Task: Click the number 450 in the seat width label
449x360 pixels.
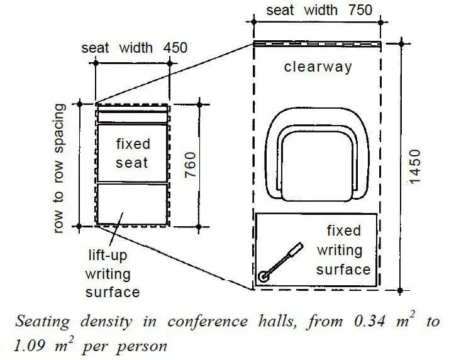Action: click(x=175, y=48)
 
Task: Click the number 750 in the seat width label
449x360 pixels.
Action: click(x=360, y=10)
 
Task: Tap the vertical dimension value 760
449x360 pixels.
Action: click(x=191, y=165)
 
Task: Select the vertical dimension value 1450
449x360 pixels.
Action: click(x=414, y=166)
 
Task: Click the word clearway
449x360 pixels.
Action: click(x=318, y=67)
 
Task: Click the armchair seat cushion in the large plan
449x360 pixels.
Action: click(x=317, y=166)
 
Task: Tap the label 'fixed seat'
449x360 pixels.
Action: click(x=133, y=153)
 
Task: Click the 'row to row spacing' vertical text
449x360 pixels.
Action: click(x=58, y=168)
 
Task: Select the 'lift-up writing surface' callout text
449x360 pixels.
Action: click(x=112, y=274)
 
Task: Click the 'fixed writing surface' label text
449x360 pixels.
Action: click(x=343, y=250)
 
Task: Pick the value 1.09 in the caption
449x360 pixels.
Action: click(x=30, y=346)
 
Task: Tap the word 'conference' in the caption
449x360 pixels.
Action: click(x=208, y=322)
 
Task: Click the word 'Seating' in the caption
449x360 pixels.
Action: click(x=42, y=322)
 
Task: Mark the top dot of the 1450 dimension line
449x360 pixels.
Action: click(x=402, y=44)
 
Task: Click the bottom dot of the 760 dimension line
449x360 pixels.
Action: click(x=199, y=227)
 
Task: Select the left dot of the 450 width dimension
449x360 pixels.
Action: click(x=96, y=63)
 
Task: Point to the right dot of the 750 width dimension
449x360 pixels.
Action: click(x=380, y=22)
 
